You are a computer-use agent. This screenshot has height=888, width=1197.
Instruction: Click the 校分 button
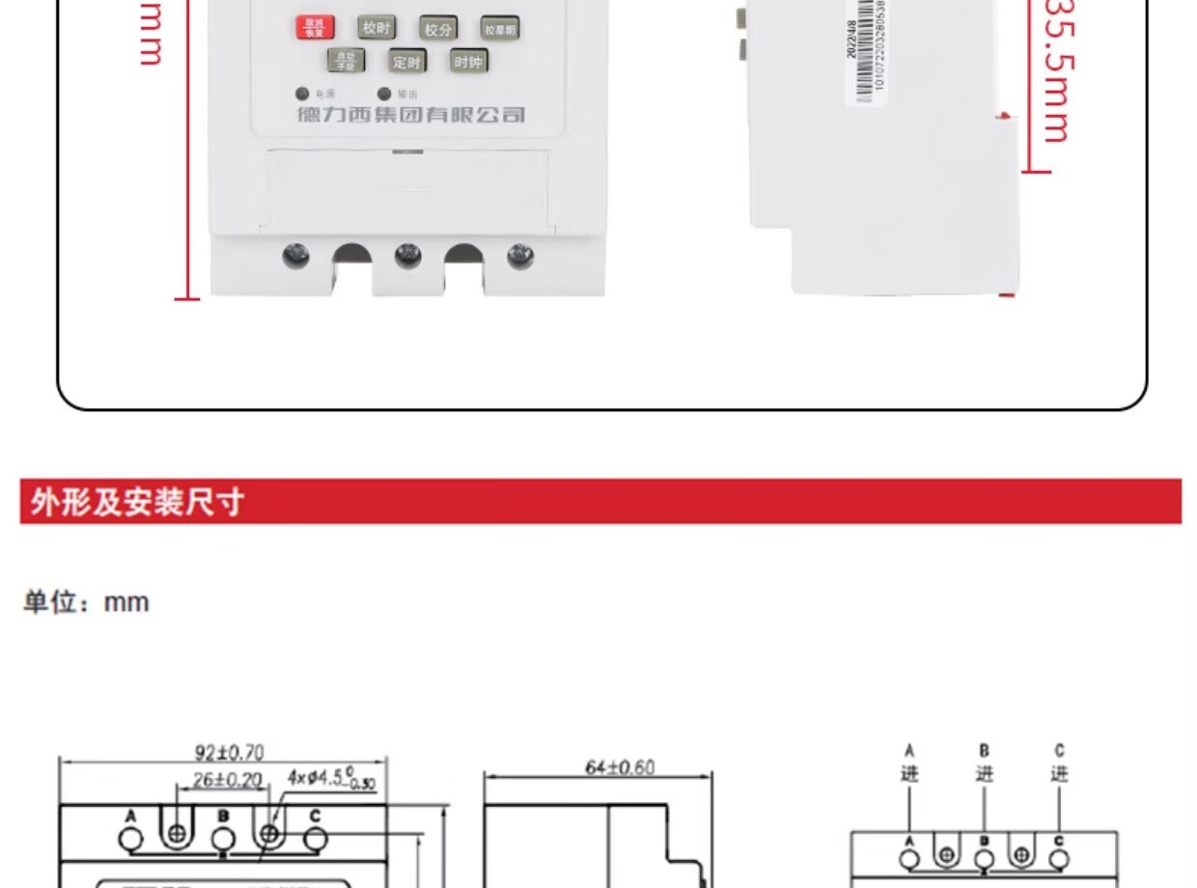(x=437, y=29)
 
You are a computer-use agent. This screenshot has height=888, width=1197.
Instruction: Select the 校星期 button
(x=500, y=30)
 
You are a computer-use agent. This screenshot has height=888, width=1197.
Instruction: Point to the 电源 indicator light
(x=303, y=95)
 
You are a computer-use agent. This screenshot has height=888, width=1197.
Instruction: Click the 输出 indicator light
(x=384, y=95)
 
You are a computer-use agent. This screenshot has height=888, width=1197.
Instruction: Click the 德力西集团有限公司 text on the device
(x=411, y=116)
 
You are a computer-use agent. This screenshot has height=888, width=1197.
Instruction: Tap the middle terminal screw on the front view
(x=408, y=256)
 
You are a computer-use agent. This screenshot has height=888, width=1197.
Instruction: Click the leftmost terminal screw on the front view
(x=296, y=256)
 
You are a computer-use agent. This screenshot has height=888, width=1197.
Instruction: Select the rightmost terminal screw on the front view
(x=520, y=256)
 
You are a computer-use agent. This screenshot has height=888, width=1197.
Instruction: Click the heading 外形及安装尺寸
(x=137, y=502)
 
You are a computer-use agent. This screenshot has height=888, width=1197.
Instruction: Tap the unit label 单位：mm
(x=87, y=602)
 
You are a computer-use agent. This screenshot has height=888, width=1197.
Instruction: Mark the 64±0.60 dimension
(x=620, y=767)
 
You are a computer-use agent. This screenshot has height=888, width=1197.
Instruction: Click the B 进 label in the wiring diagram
(x=984, y=763)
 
